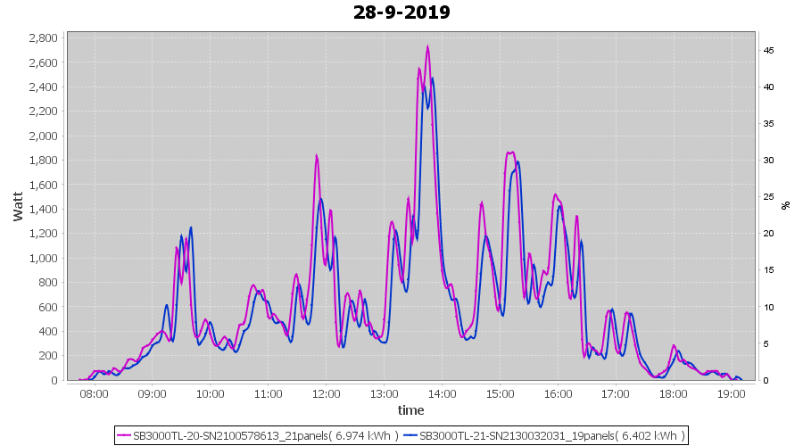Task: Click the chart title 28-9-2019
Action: coord(401,12)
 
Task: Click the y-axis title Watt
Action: coord(19,206)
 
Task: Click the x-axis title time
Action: coord(410,410)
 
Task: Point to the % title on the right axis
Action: coord(786,205)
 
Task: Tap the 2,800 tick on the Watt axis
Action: coord(42,38)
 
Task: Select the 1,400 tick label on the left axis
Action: coord(42,210)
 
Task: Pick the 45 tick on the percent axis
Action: coord(767,51)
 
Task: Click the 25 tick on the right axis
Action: coord(767,197)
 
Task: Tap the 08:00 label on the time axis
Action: coord(94,393)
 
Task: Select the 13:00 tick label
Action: coord(384,393)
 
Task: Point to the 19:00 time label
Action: coord(732,393)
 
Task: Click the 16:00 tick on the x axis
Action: coord(558,393)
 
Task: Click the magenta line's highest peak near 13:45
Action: coord(428,47)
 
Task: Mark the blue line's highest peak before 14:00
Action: coord(433,78)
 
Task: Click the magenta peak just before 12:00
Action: coord(316,156)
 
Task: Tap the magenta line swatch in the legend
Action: coord(124,436)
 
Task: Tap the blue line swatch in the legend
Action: coord(410,436)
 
